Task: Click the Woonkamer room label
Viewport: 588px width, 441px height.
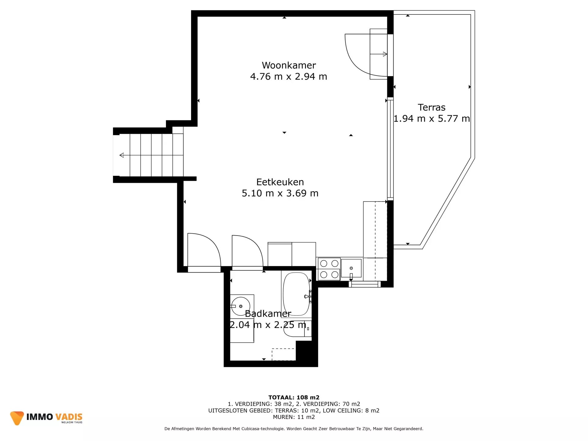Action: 289,65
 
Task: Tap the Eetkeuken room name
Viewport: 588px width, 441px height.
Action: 280,182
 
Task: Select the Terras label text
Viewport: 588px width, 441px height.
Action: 432,107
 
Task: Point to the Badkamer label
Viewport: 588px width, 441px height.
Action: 268,313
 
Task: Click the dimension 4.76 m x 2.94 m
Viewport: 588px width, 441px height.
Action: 288,76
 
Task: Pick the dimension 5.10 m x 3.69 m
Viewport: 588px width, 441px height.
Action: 280,193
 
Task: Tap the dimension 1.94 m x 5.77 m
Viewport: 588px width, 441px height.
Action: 432,118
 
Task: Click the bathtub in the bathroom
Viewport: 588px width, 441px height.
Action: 296,294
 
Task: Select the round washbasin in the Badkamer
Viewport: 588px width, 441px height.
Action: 241,306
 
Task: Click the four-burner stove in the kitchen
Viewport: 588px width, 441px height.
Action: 329,269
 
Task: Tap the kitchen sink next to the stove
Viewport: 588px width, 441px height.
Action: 351,268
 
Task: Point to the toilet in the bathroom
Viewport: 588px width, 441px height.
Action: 297,329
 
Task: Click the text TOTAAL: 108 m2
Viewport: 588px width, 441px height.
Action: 294,397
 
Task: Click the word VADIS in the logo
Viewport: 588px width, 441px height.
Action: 69,417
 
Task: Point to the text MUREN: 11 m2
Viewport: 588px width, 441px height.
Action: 294,417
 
